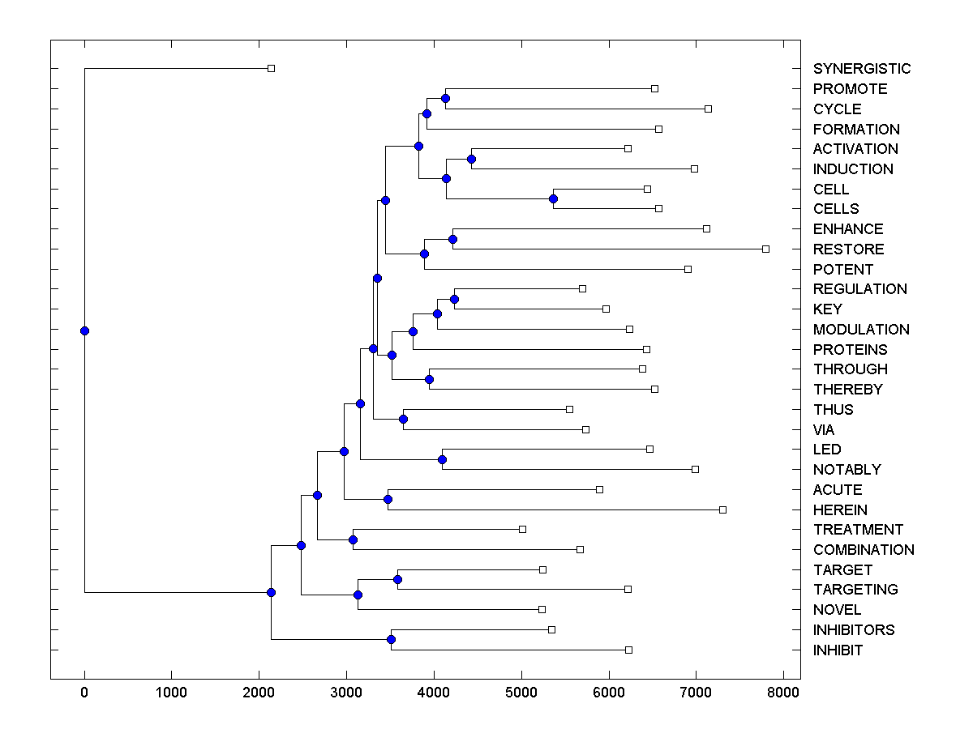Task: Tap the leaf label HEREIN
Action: click(840, 510)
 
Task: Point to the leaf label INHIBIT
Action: click(838, 650)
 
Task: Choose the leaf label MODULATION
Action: click(861, 330)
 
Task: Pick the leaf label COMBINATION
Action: click(864, 550)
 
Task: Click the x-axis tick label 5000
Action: click(521, 693)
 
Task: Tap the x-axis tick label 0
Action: click(84, 693)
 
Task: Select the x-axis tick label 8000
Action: click(782, 693)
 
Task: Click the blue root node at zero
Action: click(84, 330)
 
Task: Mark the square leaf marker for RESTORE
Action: click(765, 249)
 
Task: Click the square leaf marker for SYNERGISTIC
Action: click(271, 68)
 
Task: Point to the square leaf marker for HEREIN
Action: click(722, 509)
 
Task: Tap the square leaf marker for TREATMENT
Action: click(522, 529)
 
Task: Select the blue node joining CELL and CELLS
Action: click(553, 198)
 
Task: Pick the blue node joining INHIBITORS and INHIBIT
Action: click(391, 639)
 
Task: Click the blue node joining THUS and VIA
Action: click(403, 419)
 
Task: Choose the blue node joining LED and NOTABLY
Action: click(442, 459)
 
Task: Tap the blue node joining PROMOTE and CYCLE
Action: click(445, 99)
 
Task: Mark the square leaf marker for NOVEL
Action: click(542, 609)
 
